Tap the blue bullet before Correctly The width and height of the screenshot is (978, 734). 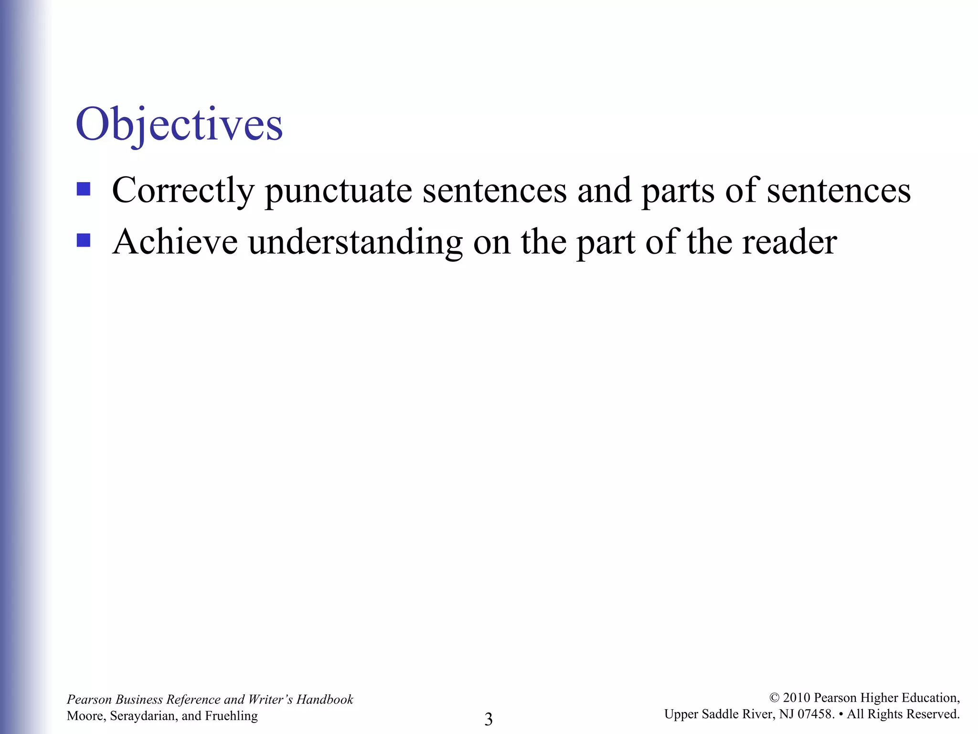84,189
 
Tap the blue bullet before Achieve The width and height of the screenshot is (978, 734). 84,240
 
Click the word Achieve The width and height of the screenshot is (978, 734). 175,241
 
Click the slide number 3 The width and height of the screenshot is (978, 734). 489,719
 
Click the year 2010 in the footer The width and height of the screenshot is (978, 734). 797,698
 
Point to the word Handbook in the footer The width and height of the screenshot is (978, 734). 325,699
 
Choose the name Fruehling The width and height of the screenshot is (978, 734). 231,715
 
